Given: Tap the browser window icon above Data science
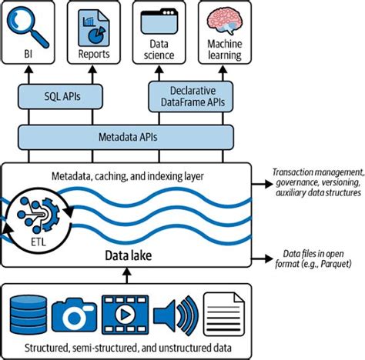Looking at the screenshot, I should coord(161,25).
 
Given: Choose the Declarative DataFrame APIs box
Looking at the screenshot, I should coord(190,97).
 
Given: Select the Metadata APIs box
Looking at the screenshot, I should coord(126,137).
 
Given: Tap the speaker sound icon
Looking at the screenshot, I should coord(172,312).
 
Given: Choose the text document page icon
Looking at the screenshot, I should coord(223,312).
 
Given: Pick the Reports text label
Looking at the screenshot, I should coord(94,55).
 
